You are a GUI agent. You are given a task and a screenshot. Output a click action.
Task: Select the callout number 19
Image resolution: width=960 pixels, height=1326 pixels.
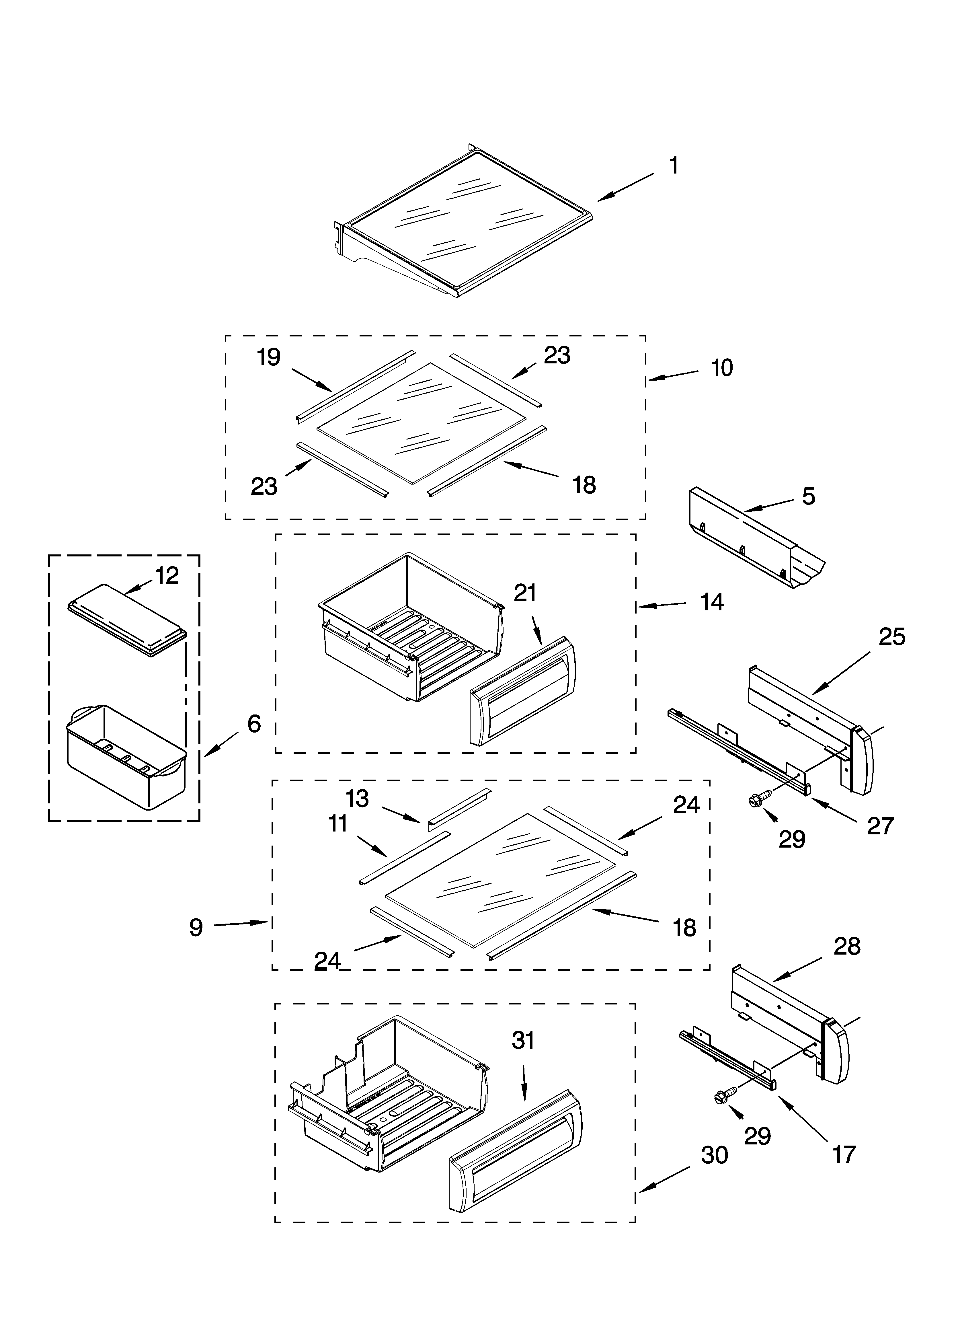coord(269,357)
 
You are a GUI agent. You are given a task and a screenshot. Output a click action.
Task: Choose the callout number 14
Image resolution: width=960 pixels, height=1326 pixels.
coord(712,602)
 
